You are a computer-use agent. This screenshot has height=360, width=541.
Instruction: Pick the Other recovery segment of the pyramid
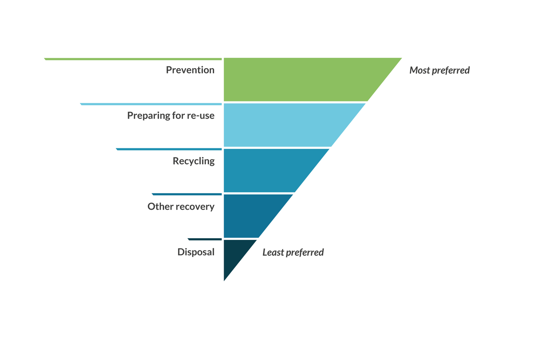click(248, 216)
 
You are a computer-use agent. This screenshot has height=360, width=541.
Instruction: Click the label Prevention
click(190, 70)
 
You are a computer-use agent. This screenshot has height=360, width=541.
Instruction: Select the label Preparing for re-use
click(170, 115)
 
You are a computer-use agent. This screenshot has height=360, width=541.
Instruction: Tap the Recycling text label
click(193, 161)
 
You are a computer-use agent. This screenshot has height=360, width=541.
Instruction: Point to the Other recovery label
click(181, 207)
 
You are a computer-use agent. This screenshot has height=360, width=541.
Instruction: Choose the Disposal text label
click(196, 252)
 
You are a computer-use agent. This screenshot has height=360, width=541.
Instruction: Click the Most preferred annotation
click(439, 70)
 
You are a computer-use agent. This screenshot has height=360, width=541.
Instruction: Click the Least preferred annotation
click(293, 253)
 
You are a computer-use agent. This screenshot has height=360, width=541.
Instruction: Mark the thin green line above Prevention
click(133, 59)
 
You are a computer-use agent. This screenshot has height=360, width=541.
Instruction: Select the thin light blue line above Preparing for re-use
click(151, 104)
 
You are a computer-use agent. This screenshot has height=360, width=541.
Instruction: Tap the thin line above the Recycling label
click(169, 149)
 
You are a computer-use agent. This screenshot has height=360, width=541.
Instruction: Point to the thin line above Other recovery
click(187, 194)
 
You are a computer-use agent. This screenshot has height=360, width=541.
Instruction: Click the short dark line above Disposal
click(205, 239)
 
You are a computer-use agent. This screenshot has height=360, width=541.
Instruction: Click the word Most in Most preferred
click(419, 70)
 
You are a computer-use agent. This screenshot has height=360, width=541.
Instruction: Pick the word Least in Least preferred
click(273, 253)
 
